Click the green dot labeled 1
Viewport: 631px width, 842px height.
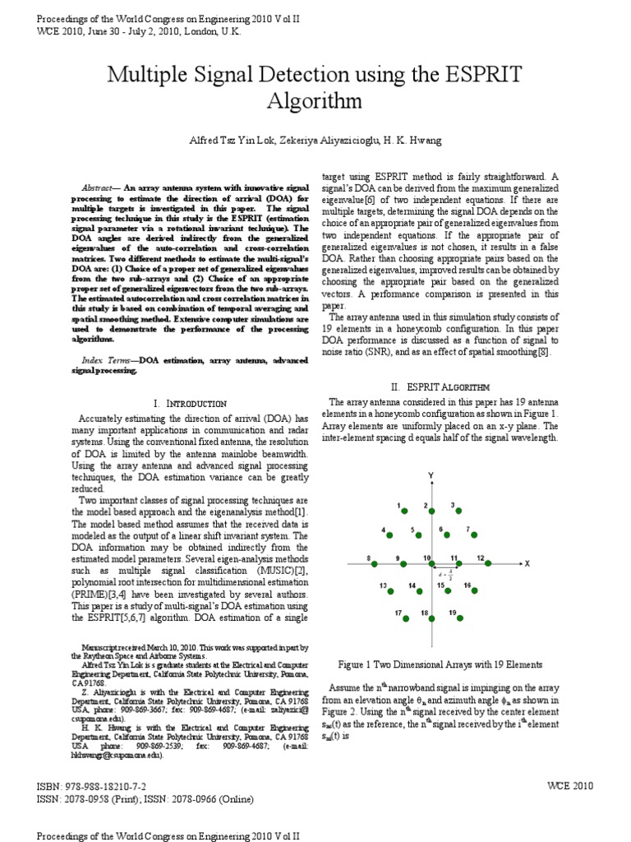point(405,511)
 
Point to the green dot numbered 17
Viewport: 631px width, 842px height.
point(405,618)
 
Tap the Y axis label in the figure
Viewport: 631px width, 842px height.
point(431,476)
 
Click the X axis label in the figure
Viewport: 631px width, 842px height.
point(527,563)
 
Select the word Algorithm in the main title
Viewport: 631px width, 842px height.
point(315,101)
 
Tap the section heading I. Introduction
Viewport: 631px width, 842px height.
point(191,403)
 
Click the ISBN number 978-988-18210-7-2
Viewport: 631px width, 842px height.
point(106,786)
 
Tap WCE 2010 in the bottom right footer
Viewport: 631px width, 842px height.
point(569,786)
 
